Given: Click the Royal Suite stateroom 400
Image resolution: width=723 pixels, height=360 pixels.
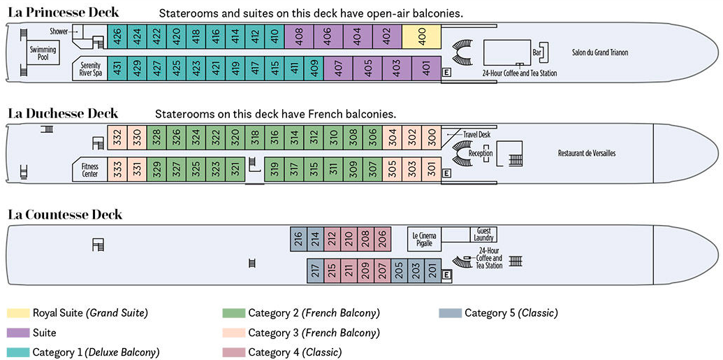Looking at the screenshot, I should (421, 37).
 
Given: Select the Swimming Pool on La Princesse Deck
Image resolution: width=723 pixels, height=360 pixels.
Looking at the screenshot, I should (43, 54).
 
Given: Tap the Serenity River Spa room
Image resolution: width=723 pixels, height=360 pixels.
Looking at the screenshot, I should (90, 69).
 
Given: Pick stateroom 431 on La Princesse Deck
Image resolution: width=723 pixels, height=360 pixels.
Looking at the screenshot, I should (118, 69).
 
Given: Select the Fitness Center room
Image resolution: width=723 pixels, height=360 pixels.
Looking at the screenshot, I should (90, 170).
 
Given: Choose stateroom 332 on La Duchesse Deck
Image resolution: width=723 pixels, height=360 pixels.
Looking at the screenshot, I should (118, 138).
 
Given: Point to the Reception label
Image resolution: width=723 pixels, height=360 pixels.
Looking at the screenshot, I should (481, 153).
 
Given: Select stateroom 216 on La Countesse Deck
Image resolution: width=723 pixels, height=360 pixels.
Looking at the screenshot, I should (299, 240).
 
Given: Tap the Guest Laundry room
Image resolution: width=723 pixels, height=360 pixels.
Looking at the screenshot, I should (484, 234).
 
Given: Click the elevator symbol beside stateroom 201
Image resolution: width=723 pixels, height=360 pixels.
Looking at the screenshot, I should (447, 275).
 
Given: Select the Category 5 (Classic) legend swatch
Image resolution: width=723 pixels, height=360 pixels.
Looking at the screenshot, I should (449, 313).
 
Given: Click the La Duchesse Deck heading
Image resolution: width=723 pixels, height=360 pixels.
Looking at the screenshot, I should (63, 114).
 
